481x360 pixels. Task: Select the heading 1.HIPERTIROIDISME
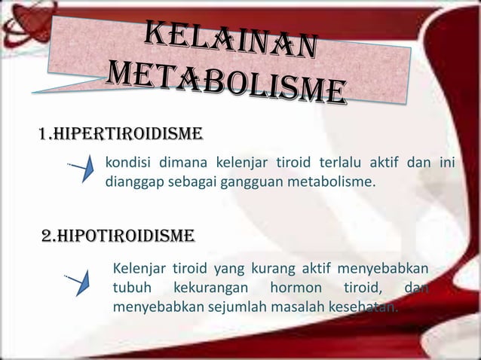[x=109, y=135]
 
